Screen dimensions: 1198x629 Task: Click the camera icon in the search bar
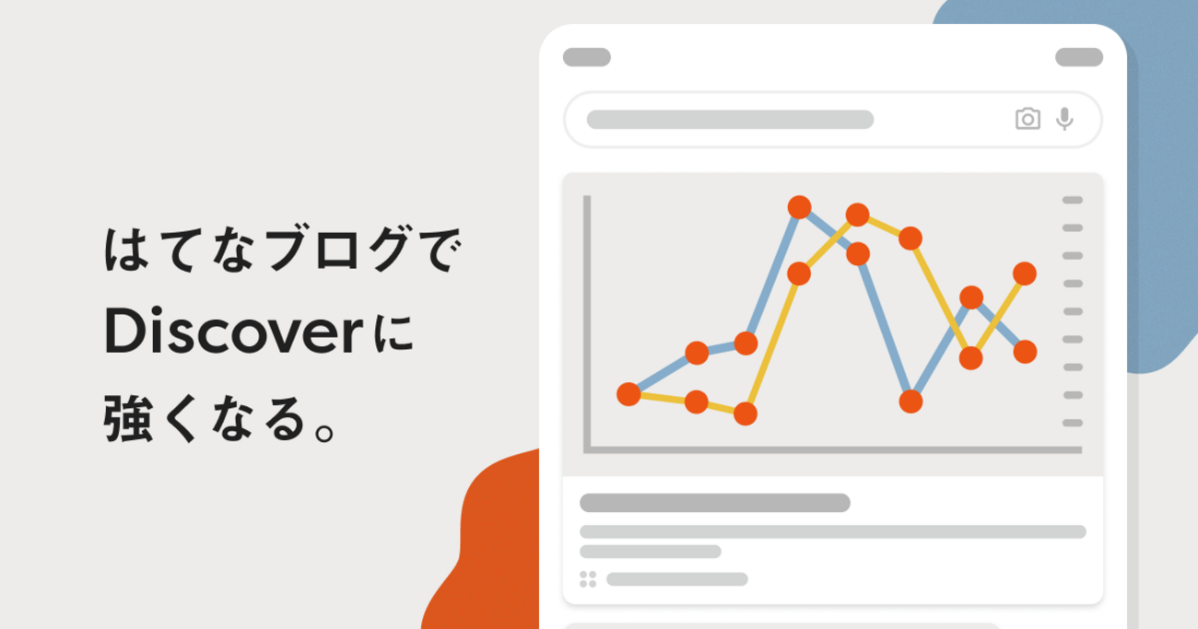click(1028, 119)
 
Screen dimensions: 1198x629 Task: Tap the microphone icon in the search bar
click(1064, 119)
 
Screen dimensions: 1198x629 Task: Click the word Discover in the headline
click(234, 331)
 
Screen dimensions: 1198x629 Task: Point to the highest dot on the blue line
click(800, 207)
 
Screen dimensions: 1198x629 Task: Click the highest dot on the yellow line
click(857, 215)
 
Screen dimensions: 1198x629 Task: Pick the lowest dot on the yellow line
click(746, 414)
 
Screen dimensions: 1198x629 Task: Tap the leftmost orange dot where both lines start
click(628, 394)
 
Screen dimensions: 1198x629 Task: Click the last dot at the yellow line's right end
click(1025, 274)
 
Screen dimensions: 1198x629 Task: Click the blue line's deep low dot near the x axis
click(910, 402)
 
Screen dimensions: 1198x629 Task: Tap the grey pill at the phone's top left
click(587, 57)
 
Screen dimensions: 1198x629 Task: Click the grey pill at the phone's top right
click(1079, 57)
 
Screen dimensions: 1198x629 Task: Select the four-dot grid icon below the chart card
click(588, 578)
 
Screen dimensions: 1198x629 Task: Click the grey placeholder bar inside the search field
click(730, 119)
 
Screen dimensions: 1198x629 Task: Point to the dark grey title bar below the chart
click(715, 503)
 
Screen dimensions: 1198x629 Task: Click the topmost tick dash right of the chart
click(1073, 200)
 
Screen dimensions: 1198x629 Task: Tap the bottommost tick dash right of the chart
click(1073, 423)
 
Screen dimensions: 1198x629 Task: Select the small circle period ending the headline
click(324, 432)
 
